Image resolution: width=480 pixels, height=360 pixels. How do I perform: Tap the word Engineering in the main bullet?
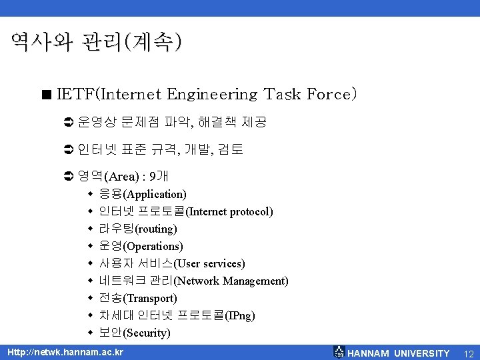[213, 94]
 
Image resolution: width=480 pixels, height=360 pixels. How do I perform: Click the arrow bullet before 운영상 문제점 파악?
[67, 123]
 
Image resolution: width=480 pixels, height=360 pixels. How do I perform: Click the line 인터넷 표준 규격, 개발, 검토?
[160, 150]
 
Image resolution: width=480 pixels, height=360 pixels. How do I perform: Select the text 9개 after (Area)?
[159, 177]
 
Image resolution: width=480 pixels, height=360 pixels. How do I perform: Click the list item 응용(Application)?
[142, 195]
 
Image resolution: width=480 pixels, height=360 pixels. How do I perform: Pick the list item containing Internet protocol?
[185, 212]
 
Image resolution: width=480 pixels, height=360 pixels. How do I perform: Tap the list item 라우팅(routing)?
[137, 229]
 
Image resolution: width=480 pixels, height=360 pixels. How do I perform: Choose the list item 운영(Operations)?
[140, 247]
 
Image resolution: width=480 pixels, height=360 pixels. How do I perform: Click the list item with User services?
[171, 264]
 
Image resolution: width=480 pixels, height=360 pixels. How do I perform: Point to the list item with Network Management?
[193, 281]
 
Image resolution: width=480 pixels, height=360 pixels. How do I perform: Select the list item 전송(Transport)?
[137, 299]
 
